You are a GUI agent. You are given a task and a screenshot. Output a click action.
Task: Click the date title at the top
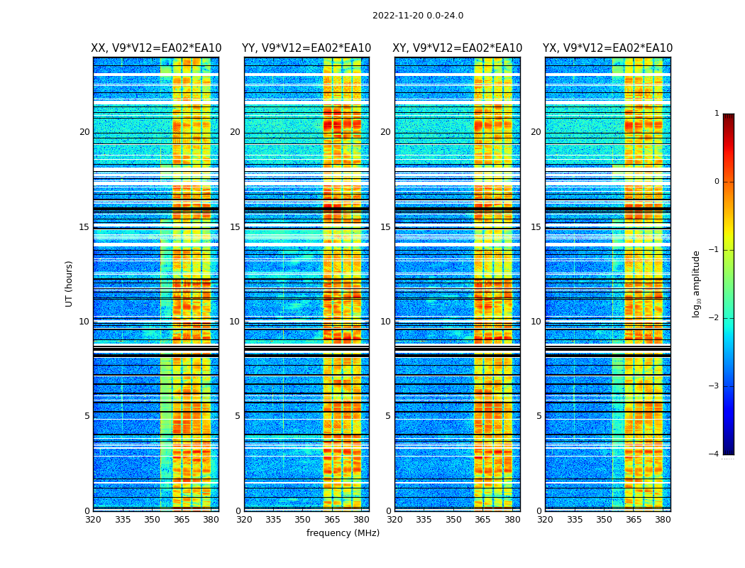[x=417, y=16]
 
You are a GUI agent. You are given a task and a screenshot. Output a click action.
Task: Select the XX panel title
[x=156, y=48]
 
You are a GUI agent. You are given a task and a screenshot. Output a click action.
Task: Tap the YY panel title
[x=307, y=48]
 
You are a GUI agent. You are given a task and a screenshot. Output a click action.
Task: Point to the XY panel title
[x=458, y=48]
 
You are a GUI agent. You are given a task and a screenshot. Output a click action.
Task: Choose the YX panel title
[x=607, y=48]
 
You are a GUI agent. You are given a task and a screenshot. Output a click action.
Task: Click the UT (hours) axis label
[x=70, y=283]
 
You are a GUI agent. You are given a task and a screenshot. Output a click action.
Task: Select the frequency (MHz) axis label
[x=343, y=533]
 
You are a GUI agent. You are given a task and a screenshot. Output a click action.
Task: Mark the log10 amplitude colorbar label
[x=697, y=283]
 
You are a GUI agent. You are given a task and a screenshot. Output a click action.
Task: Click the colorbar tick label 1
[x=716, y=114]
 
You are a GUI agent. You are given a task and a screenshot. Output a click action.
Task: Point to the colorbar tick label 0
[x=716, y=182]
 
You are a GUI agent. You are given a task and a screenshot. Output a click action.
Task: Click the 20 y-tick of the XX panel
[x=84, y=132]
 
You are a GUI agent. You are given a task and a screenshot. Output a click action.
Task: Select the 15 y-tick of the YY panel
[x=235, y=227]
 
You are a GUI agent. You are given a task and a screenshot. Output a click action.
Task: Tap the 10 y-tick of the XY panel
[x=385, y=322]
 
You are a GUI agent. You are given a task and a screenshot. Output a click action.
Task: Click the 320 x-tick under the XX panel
[x=93, y=519]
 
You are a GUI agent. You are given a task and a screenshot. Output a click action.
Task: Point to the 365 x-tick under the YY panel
[x=332, y=519]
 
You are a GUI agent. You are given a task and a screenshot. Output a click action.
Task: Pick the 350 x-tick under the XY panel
[x=453, y=519]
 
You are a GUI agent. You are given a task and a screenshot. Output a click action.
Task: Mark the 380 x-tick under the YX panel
[x=663, y=519]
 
